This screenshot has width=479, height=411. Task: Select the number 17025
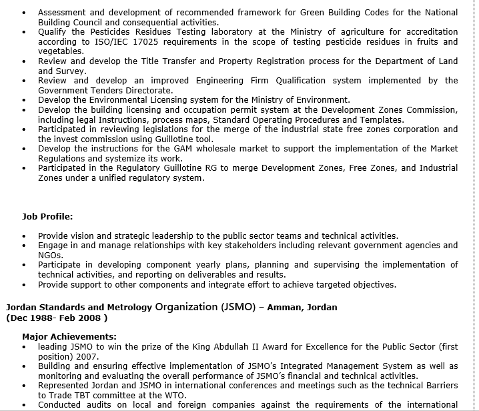pyautogui.click(x=140, y=41)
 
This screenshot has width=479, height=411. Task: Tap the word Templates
pyautogui.click(x=382, y=119)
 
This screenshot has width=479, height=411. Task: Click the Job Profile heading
pyautogui.click(x=47, y=217)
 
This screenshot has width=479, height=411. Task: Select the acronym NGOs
pyautogui.click(x=49, y=255)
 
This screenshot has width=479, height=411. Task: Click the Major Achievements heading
pyautogui.click(x=69, y=337)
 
